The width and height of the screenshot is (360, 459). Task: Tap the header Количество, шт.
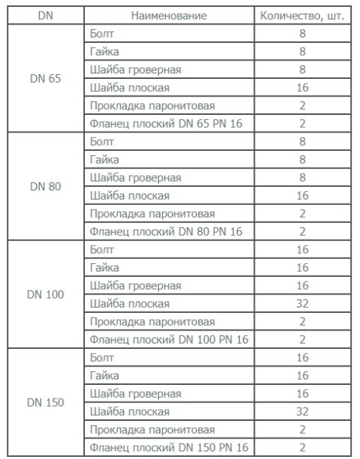(305, 15)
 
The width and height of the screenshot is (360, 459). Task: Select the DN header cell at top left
(44, 15)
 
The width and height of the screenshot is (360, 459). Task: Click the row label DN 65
(45, 78)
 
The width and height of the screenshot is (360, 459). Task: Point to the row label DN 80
(45, 187)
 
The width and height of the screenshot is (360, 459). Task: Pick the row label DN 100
(45, 295)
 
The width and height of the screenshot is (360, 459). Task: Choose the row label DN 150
(45, 402)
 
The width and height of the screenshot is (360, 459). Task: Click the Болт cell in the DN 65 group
(101, 34)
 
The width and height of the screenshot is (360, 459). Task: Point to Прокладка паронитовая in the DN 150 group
(152, 429)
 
